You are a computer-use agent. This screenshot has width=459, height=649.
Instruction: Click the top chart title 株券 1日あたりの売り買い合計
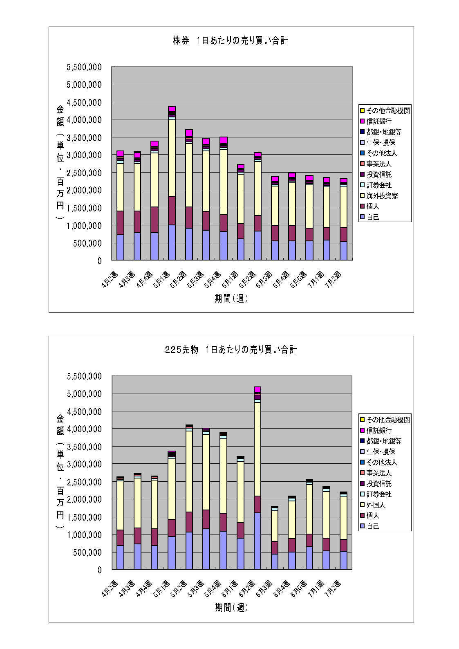coord(231,41)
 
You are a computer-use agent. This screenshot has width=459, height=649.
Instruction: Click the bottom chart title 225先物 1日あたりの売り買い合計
coord(231,350)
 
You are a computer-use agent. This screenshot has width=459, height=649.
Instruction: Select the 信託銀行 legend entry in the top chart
coord(379,121)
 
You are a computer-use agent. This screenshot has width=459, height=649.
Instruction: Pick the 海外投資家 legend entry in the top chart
coord(382,196)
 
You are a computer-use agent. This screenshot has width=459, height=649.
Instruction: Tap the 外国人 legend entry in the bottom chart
coord(376,505)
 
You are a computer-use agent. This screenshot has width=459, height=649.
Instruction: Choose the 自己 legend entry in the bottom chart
coord(373,526)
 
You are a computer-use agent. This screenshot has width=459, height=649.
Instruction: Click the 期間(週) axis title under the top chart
coord(231,299)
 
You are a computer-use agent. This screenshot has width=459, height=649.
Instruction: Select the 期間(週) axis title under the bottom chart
coord(231,608)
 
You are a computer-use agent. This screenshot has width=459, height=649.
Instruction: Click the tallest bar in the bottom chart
coord(257,478)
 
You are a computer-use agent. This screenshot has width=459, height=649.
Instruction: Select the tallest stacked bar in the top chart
coord(172,184)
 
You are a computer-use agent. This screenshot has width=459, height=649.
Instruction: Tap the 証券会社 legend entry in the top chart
coord(379,185)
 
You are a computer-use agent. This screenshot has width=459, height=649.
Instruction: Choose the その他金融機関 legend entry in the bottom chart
coord(388,420)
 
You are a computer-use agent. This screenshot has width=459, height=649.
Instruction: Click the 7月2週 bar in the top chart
coord(343,220)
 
